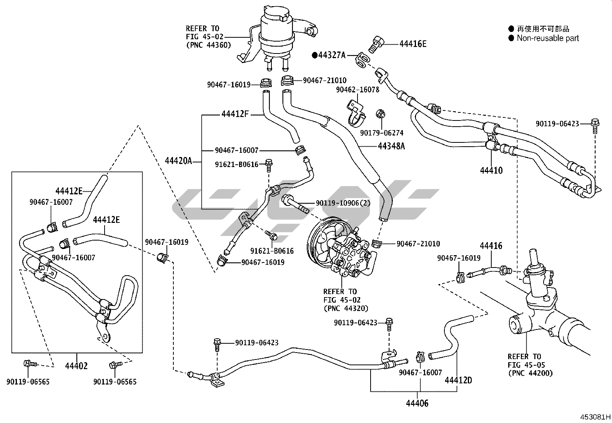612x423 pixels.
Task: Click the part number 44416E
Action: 413,44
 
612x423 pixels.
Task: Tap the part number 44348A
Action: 391,146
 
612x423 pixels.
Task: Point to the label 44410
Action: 491,170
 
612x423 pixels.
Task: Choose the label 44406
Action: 417,403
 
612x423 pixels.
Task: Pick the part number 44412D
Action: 458,380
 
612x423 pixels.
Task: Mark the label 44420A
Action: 178,161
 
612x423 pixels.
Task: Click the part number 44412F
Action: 235,114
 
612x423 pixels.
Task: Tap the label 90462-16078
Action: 358,90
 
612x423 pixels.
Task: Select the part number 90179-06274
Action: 382,133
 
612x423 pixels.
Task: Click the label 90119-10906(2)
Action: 343,203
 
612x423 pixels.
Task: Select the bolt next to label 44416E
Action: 375,43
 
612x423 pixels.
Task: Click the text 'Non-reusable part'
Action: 547,38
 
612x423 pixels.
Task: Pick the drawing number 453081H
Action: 595,417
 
